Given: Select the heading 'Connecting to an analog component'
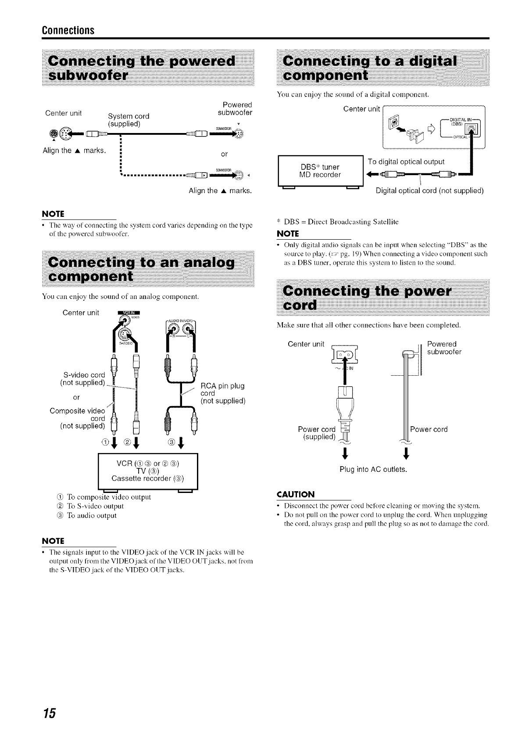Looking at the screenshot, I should (147, 269).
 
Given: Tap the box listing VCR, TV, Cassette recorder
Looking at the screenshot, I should (148, 471).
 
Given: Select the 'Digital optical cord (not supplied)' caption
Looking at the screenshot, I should (429, 191).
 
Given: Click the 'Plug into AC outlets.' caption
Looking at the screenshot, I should (373, 470).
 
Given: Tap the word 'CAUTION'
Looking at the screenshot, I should (296, 494).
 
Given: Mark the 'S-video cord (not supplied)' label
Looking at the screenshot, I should (82, 378).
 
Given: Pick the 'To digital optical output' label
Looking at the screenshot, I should (406, 162).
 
